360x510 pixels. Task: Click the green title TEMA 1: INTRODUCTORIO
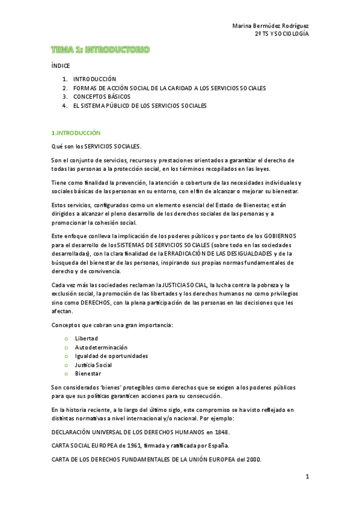tap(100, 49)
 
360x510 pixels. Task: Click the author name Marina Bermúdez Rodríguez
tap(270, 26)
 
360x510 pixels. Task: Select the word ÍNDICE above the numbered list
tap(60, 66)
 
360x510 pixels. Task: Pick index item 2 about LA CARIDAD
tap(169, 88)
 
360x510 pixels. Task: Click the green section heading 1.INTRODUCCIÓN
tap(76, 132)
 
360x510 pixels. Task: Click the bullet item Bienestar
tap(88, 373)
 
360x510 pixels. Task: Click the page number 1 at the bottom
tap(307, 477)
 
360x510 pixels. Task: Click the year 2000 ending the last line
tap(253, 459)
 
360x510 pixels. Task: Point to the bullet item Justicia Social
tap(93, 364)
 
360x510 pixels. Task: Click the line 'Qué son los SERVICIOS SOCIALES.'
tap(96, 146)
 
